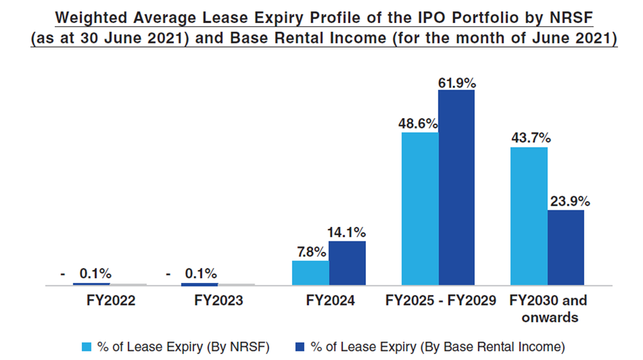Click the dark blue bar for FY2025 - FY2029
click(x=456, y=188)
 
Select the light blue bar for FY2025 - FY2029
click(x=419, y=209)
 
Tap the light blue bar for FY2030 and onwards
click(x=529, y=216)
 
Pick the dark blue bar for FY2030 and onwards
click(x=566, y=247)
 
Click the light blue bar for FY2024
click(x=310, y=273)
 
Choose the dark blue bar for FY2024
click(x=347, y=263)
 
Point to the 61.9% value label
click(x=456, y=83)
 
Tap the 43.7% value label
click(x=530, y=138)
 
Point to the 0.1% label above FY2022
click(x=95, y=273)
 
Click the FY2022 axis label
click(x=111, y=301)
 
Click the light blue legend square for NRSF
click(x=86, y=346)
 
